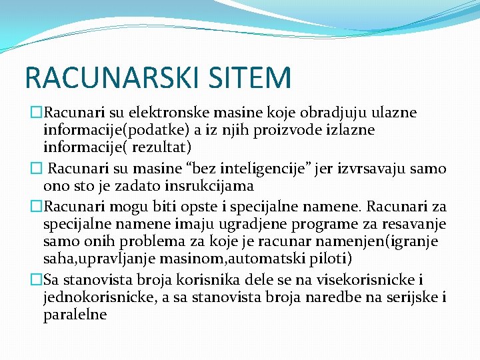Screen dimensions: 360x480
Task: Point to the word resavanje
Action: (x=411, y=222)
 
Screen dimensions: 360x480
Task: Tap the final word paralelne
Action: (x=75, y=314)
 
